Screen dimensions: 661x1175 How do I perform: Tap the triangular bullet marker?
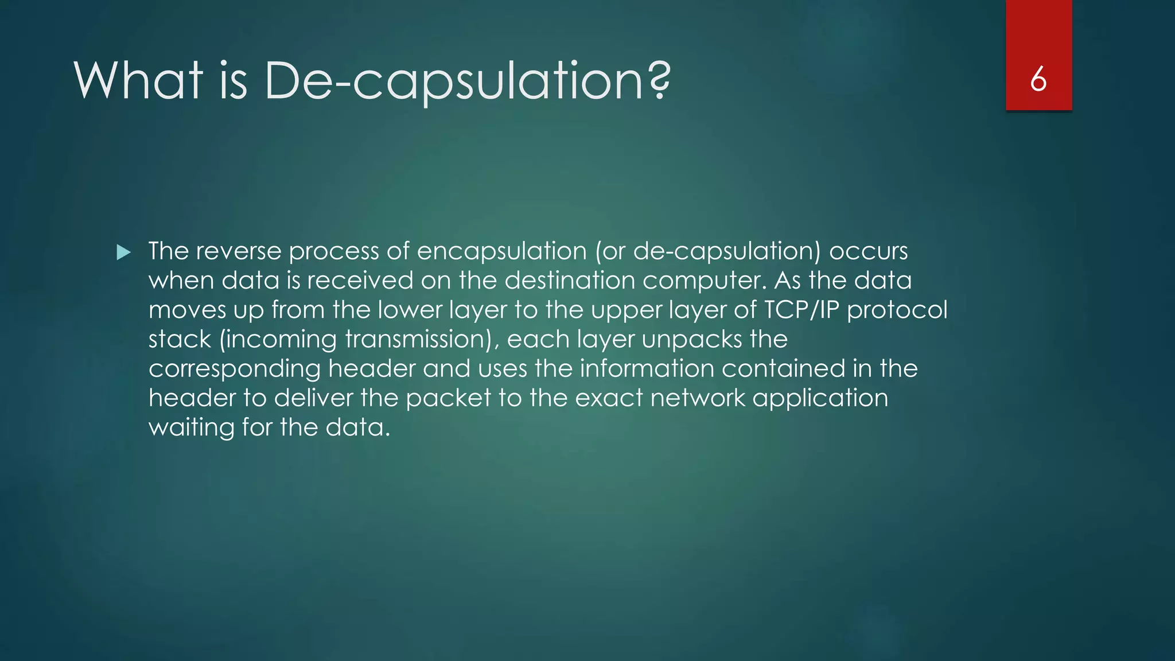point(123,252)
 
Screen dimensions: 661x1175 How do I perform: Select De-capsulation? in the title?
point(467,81)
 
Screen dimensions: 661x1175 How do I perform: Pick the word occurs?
point(869,252)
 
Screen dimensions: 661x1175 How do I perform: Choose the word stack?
point(180,339)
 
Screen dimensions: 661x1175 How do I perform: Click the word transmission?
point(419,339)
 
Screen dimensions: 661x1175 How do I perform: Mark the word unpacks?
point(692,340)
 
